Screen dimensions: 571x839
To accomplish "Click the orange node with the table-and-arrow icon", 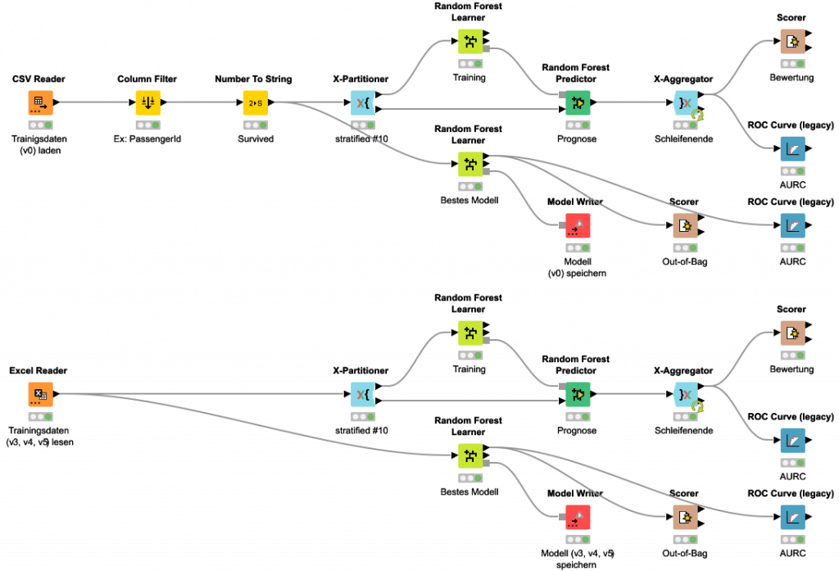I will pyautogui.click(x=40, y=102).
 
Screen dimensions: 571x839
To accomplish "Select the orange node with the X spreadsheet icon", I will pyautogui.click(x=40, y=394).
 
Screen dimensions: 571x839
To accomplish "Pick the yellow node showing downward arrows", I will pyautogui.click(x=147, y=102).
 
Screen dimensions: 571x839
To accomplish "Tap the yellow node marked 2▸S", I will pyautogui.click(x=255, y=102).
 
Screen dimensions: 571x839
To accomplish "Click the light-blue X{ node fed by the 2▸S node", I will pyautogui.click(x=363, y=102).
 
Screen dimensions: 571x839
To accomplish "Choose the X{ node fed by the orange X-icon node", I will pyautogui.click(x=363, y=394).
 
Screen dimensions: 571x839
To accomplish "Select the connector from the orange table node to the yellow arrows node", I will pyautogui.click(x=93, y=102).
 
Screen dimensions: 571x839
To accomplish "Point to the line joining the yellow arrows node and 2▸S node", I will pyautogui.click(x=201, y=102).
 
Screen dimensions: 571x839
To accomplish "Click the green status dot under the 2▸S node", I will pyautogui.click(x=263, y=125).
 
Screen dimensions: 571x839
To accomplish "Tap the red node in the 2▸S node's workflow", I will pyautogui.click(x=578, y=225).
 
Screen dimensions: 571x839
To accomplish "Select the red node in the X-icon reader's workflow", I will pyautogui.click(x=578, y=517).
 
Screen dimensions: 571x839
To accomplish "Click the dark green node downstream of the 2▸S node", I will pyautogui.click(x=578, y=102).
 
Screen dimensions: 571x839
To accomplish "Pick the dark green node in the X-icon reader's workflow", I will pyautogui.click(x=578, y=394).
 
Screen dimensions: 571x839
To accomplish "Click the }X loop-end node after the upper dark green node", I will pyautogui.click(x=685, y=102).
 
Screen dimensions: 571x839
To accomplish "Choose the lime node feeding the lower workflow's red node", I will pyautogui.click(x=470, y=455).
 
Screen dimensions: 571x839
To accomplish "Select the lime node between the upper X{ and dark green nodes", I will pyautogui.click(x=470, y=41).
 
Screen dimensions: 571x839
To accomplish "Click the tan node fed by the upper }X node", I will pyautogui.click(x=792, y=41).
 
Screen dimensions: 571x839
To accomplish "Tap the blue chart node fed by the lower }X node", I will pyautogui.click(x=792, y=440).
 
